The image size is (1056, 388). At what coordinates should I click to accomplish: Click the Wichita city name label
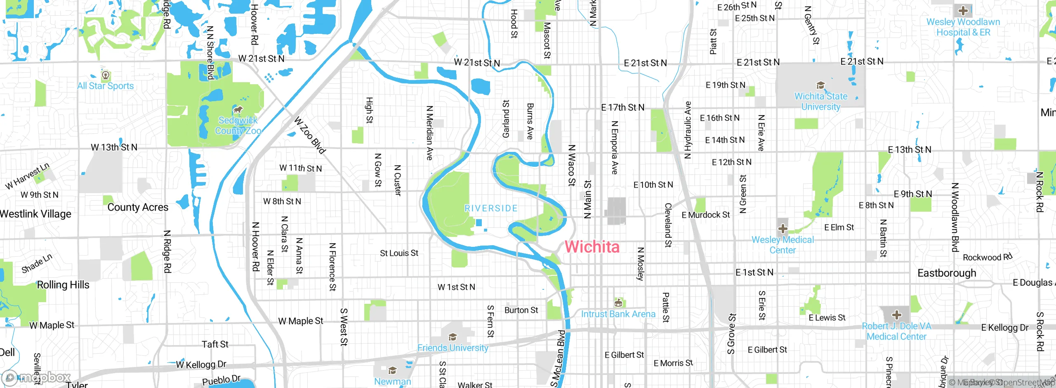tap(592, 247)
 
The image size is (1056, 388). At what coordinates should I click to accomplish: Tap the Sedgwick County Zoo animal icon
tap(238, 110)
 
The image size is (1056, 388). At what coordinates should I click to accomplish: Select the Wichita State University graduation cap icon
tap(820, 85)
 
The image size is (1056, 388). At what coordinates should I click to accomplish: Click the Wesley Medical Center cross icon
tap(783, 229)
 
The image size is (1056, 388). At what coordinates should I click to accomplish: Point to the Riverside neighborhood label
tap(491, 208)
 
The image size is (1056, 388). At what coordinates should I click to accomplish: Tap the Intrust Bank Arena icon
tap(618, 303)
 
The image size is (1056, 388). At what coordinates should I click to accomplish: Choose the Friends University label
tap(453, 348)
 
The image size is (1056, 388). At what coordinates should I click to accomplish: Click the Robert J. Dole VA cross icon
tap(896, 315)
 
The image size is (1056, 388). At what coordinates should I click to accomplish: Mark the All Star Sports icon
tap(106, 75)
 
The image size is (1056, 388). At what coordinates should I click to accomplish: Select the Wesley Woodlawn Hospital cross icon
tap(963, 11)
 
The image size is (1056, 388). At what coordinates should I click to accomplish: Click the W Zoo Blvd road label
tap(310, 135)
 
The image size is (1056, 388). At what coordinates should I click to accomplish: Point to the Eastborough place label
tap(947, 273)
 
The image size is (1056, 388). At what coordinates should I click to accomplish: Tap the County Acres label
tap(138, 207)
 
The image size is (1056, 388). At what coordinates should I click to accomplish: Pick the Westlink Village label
tap(36, 214)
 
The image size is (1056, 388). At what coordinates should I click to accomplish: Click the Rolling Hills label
tap(63, 285)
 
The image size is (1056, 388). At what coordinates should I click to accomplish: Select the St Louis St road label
tap(399, 253)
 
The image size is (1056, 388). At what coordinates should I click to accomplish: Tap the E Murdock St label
tap(705, 215)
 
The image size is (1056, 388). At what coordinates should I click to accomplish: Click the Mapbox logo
tap(36, 377)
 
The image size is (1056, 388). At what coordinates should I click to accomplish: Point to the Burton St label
tap(521, 310)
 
